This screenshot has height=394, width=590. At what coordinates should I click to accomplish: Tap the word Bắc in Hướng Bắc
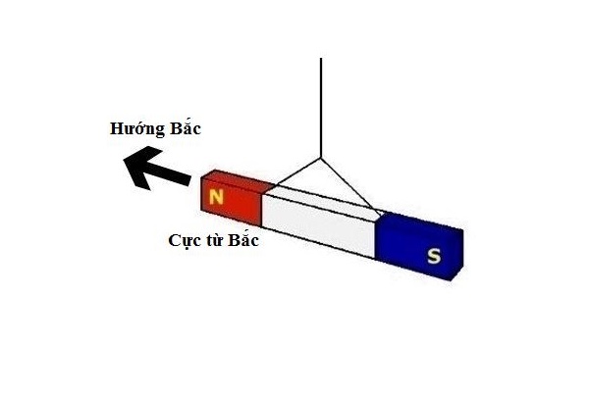point(187,129)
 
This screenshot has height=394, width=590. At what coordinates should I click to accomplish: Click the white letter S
point(433,257)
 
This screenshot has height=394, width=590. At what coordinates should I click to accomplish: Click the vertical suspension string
point(321,108)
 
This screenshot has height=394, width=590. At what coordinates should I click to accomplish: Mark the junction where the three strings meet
point(321,159)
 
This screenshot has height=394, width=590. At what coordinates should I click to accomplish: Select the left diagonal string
point(296,172)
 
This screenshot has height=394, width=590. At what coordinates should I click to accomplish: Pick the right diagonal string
point(349,186)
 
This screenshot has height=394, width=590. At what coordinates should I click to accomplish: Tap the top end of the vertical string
point(321,60)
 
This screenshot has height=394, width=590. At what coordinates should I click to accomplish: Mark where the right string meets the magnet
point(377,213)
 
